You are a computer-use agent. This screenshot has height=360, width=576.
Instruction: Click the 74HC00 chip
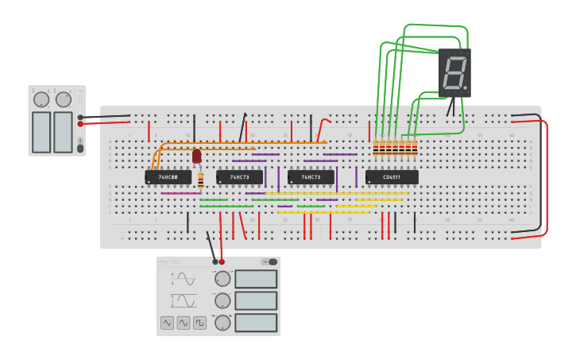point(168,177)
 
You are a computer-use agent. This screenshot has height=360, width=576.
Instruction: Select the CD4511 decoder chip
point(392,177)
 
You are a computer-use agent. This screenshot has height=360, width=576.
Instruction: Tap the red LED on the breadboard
point(196,156)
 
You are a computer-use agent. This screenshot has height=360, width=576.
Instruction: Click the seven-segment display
point(454,72)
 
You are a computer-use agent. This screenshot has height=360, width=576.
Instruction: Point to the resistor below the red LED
point(201,180)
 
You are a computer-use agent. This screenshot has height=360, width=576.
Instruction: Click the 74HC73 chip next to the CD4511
point(311,177)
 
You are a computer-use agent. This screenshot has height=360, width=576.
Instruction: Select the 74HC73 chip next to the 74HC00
point(239,177)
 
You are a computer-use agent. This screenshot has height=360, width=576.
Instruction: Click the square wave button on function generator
point(199,323)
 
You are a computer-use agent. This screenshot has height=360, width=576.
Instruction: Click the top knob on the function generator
point(223,279)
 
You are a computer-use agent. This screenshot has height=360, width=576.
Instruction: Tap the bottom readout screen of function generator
point(256,323)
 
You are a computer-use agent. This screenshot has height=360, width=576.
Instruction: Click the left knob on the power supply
point(41,99)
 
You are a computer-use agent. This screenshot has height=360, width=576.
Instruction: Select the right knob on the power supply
point(64,99)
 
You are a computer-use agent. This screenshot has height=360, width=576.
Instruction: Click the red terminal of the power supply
point(80,124)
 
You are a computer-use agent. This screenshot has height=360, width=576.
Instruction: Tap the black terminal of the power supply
point(80,117)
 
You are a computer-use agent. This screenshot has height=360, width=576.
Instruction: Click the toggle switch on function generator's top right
point(272,261)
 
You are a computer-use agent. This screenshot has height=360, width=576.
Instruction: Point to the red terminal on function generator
point(222,261)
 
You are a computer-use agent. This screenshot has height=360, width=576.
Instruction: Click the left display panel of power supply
point(41,132)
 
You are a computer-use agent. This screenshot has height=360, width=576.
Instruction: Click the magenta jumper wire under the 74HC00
point(180,193)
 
